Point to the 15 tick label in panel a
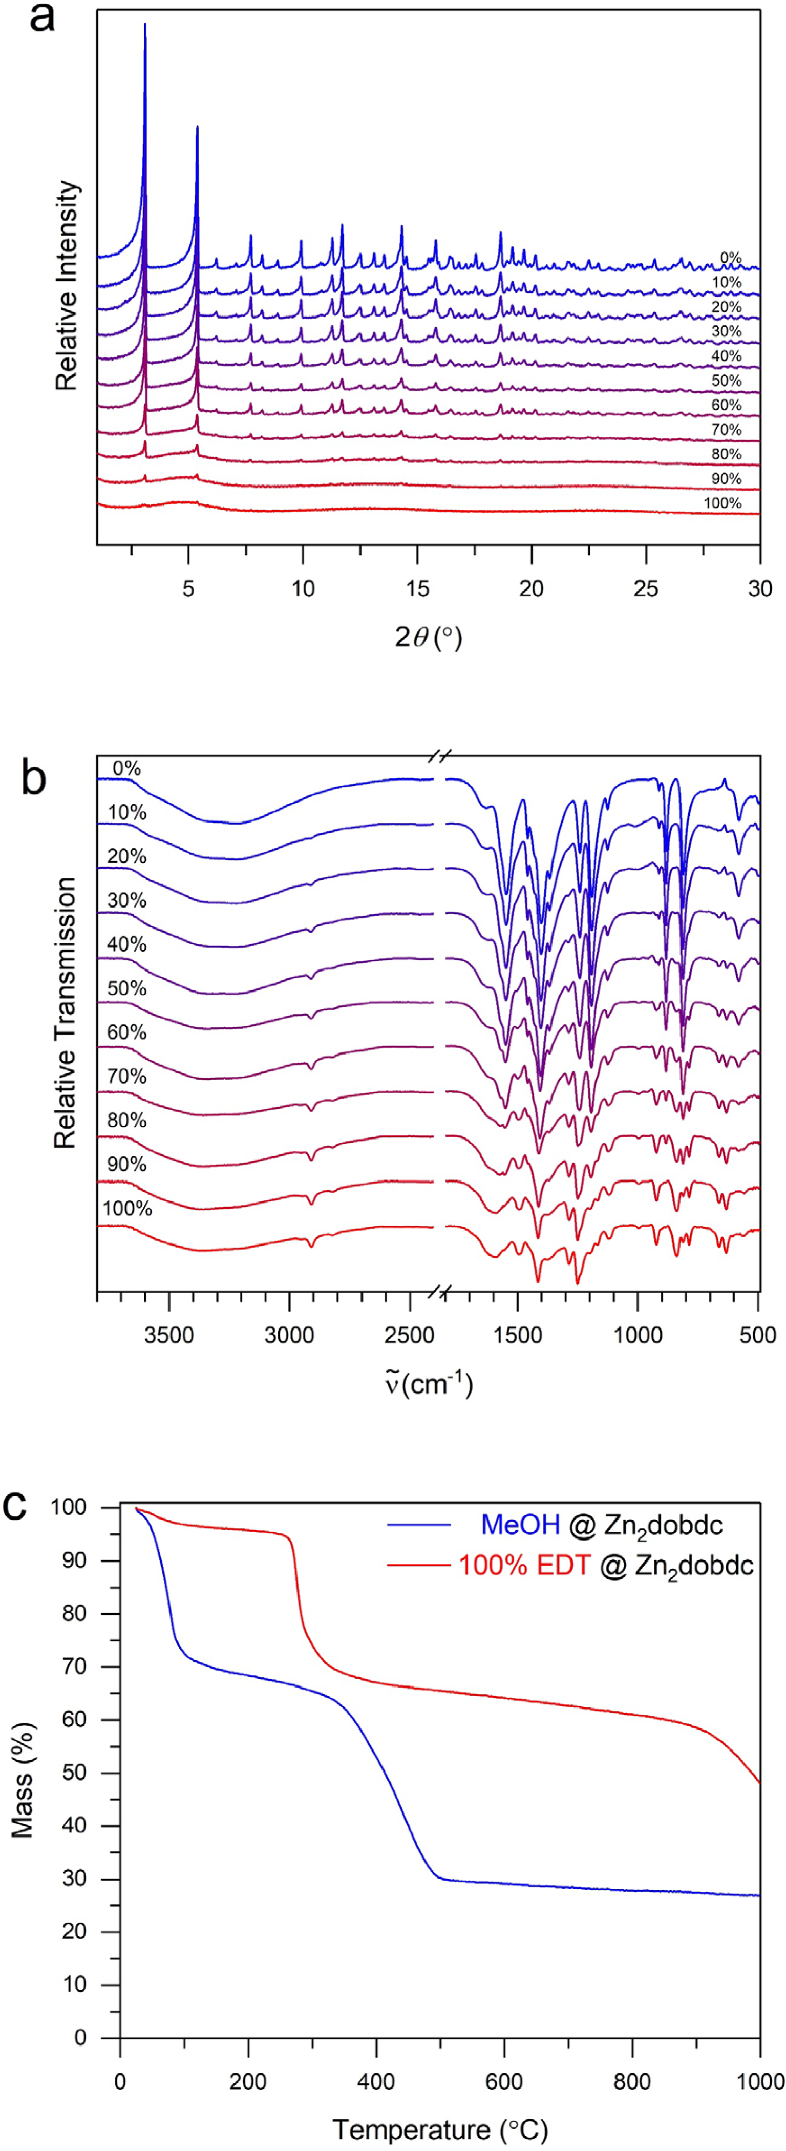tap(417, 588)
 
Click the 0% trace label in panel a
tap(731, 258)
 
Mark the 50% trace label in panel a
tap(726, 381)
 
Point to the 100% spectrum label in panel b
tap(127, 1208)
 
